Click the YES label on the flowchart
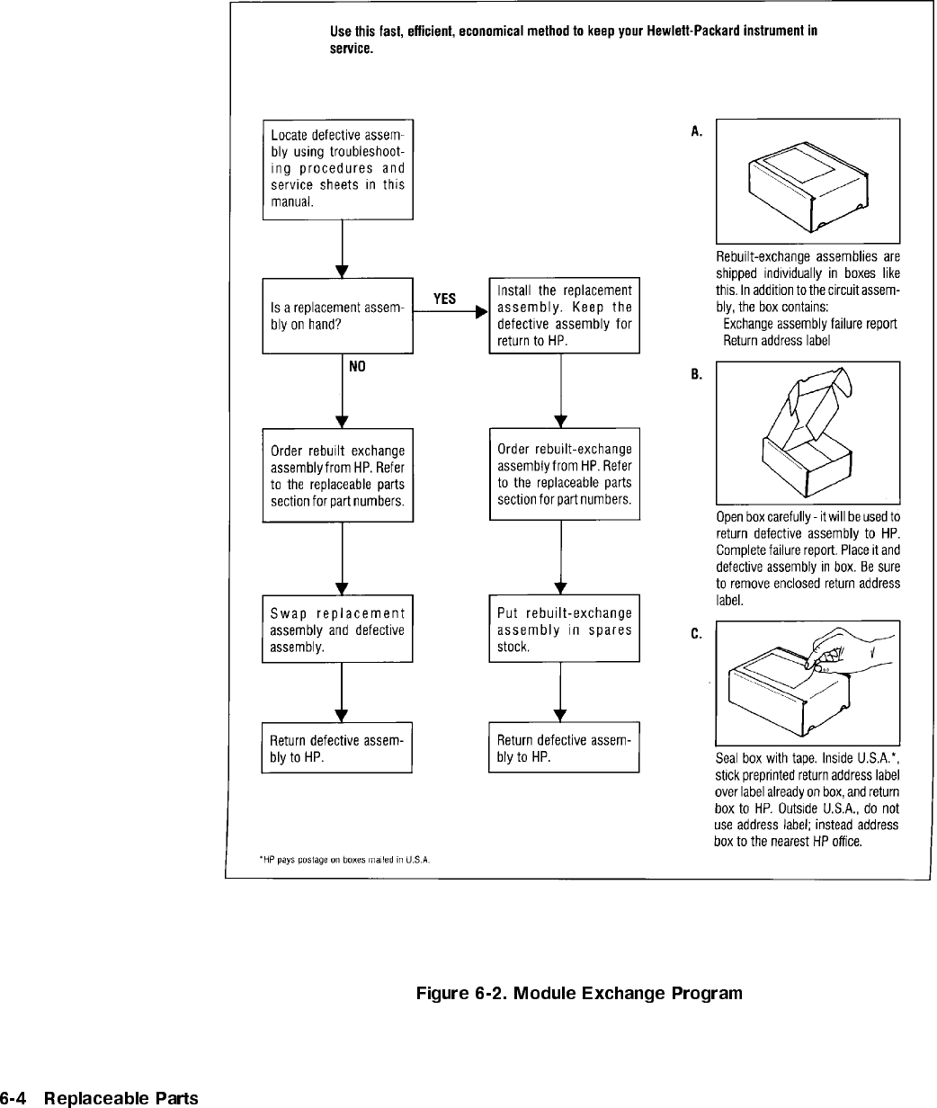click(444, 299)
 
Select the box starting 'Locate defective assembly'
click(337, 169)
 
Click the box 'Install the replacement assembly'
click(564, 316)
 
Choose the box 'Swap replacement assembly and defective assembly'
click(337, 629)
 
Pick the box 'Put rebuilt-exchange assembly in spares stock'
click(564, 629)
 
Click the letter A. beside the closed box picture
click(697, 131)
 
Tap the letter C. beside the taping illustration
click(697, 634)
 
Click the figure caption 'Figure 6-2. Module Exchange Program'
click(579, 994)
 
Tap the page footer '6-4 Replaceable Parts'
click(99, 1098)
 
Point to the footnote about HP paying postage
click(344, 860)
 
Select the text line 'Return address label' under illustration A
click(778, 341)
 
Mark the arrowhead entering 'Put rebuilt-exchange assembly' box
click(560, 589)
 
